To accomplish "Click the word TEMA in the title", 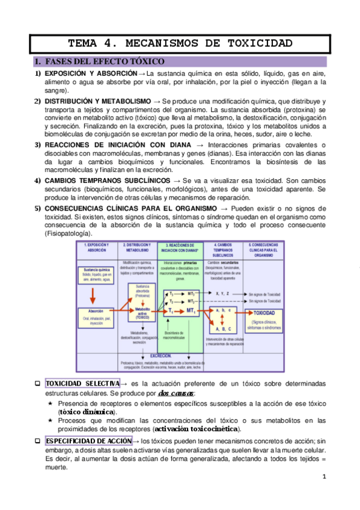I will coord(84,43).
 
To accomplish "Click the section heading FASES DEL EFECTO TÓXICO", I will coord(103,61).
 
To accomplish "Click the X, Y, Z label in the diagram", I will coord(222,293).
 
